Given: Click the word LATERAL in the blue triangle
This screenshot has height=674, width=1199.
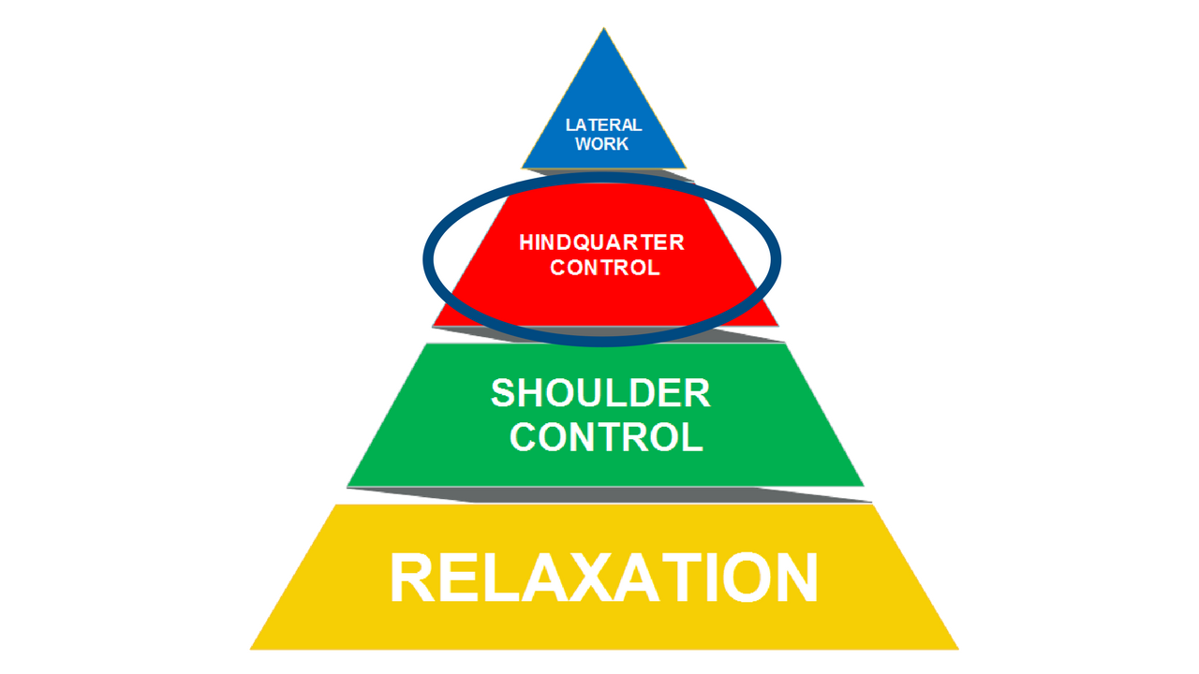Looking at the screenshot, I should pyautogui.click(x=603, y=125).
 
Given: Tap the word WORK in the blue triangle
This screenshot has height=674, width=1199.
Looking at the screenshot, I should pyautogui.click(x=602, y=144).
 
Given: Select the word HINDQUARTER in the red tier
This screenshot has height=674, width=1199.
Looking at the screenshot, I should pyautogui.click(x=601, y=243).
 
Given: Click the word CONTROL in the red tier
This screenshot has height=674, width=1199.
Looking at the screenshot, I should pyautogui.click(x=604, y=267).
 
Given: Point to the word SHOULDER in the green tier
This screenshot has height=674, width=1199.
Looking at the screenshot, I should pyautogui.click(x=600, y=393).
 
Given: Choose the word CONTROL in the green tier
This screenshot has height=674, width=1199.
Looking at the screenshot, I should pyautogui.click(x=607, y=437).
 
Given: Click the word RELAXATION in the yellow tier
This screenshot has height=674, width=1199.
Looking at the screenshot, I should pyautogui.click(x=603, y=579).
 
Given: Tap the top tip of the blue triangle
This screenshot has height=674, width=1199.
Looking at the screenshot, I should pyautogui.click(x=602, y=29).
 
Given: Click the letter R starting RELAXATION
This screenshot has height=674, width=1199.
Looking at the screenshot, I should pyautogui.click(x=413, y=579).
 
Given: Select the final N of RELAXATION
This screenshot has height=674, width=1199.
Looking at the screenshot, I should pyautogui.click(x=792, y=579).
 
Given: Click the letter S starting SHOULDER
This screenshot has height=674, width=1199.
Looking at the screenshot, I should pyautogui.click(x=505, y=393).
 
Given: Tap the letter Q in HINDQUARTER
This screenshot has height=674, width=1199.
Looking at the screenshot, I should pyautogui.click(x=586, y=243).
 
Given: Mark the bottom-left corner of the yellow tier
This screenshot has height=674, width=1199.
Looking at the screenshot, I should pyautogui.click(x=250, y=649).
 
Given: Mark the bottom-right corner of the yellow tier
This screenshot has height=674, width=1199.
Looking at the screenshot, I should pyautogui.click(x=958, y=649).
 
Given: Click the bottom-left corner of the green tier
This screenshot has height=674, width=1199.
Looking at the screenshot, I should pyautogui.click(x=348, y=486).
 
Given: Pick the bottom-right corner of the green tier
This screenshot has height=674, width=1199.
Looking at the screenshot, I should pyautogui.click(x=864, y=486).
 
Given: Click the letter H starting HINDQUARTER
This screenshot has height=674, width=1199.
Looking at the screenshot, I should pyautogui.click(x=526, y=243).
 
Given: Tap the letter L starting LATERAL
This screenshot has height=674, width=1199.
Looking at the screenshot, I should pyautogui.click(x=570, y=125).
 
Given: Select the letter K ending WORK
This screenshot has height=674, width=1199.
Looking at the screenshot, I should pyautogui.click(x=622, y=144).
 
